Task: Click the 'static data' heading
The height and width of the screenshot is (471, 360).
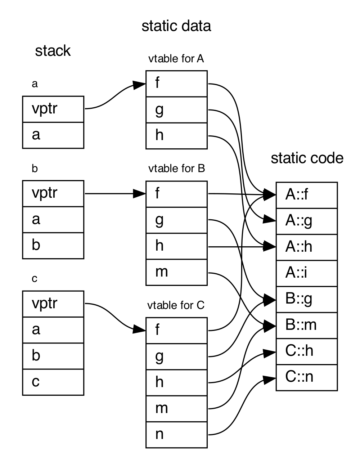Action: point(176,26)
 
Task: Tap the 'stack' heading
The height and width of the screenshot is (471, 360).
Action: point(53,51)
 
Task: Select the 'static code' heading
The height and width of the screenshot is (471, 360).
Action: point(307,158)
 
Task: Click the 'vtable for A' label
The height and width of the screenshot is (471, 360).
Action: point(176,59)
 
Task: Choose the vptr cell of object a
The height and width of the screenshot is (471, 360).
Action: point(53,109)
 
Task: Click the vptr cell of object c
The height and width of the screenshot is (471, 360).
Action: point(53,304)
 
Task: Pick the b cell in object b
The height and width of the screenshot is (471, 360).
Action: point(53,245)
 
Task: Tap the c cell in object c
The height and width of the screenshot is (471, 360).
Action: point(53,382)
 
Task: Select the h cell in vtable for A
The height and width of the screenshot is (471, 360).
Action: point(176,135)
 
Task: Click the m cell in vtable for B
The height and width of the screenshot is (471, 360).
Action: point(176,272)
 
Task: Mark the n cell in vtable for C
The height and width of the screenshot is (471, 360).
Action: point(176,435)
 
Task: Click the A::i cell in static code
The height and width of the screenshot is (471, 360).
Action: point(307,273)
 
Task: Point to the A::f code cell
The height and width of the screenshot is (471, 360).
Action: point(307,195)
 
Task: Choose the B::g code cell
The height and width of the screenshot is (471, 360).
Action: point(307,299)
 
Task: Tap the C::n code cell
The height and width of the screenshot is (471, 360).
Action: point(307,377)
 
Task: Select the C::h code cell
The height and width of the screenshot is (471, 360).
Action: point(307,351)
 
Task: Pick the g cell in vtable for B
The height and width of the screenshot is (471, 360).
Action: point(176,220)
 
